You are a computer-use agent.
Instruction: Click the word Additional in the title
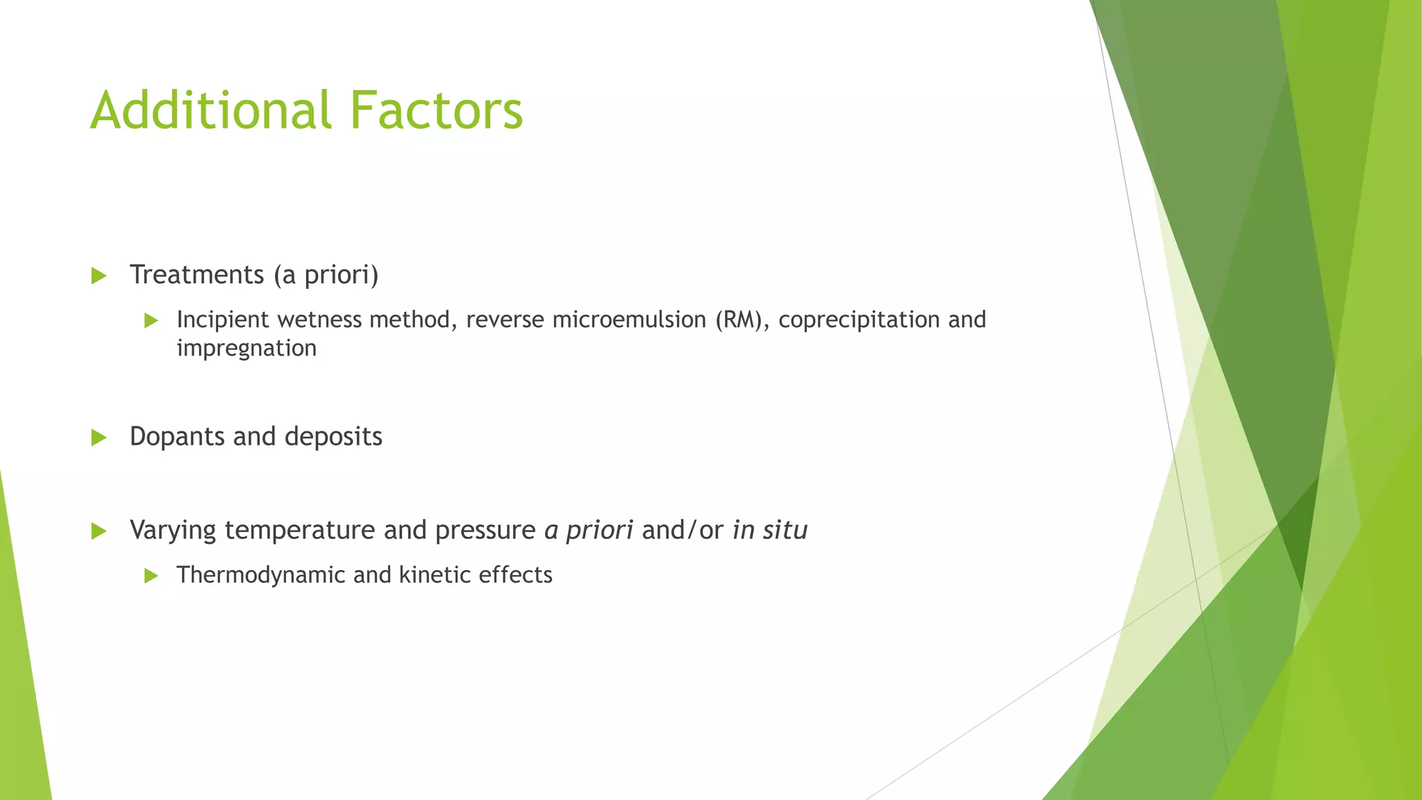tap(211, 110)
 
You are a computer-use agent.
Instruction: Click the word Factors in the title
tap(435, 110)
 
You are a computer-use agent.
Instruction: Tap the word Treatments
tap(196, 275)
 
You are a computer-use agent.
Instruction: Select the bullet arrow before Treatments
tap(99, 276)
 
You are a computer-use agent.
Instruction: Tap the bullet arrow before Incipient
tap(151, 321)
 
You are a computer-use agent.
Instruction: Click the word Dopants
tap(177, 437)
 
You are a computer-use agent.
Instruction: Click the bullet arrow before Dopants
tap(99, 437)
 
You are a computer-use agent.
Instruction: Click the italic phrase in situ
tap(770, 530)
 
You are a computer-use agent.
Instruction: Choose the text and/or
tap(683, 530)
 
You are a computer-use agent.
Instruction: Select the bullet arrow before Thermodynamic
tap(151, 576)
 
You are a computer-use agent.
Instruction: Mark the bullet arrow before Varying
tap(99, 532)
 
